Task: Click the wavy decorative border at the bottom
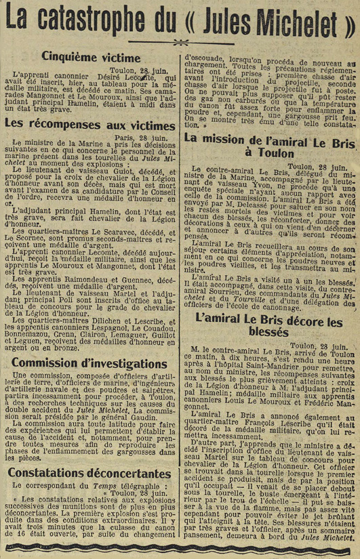pos(180,547)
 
